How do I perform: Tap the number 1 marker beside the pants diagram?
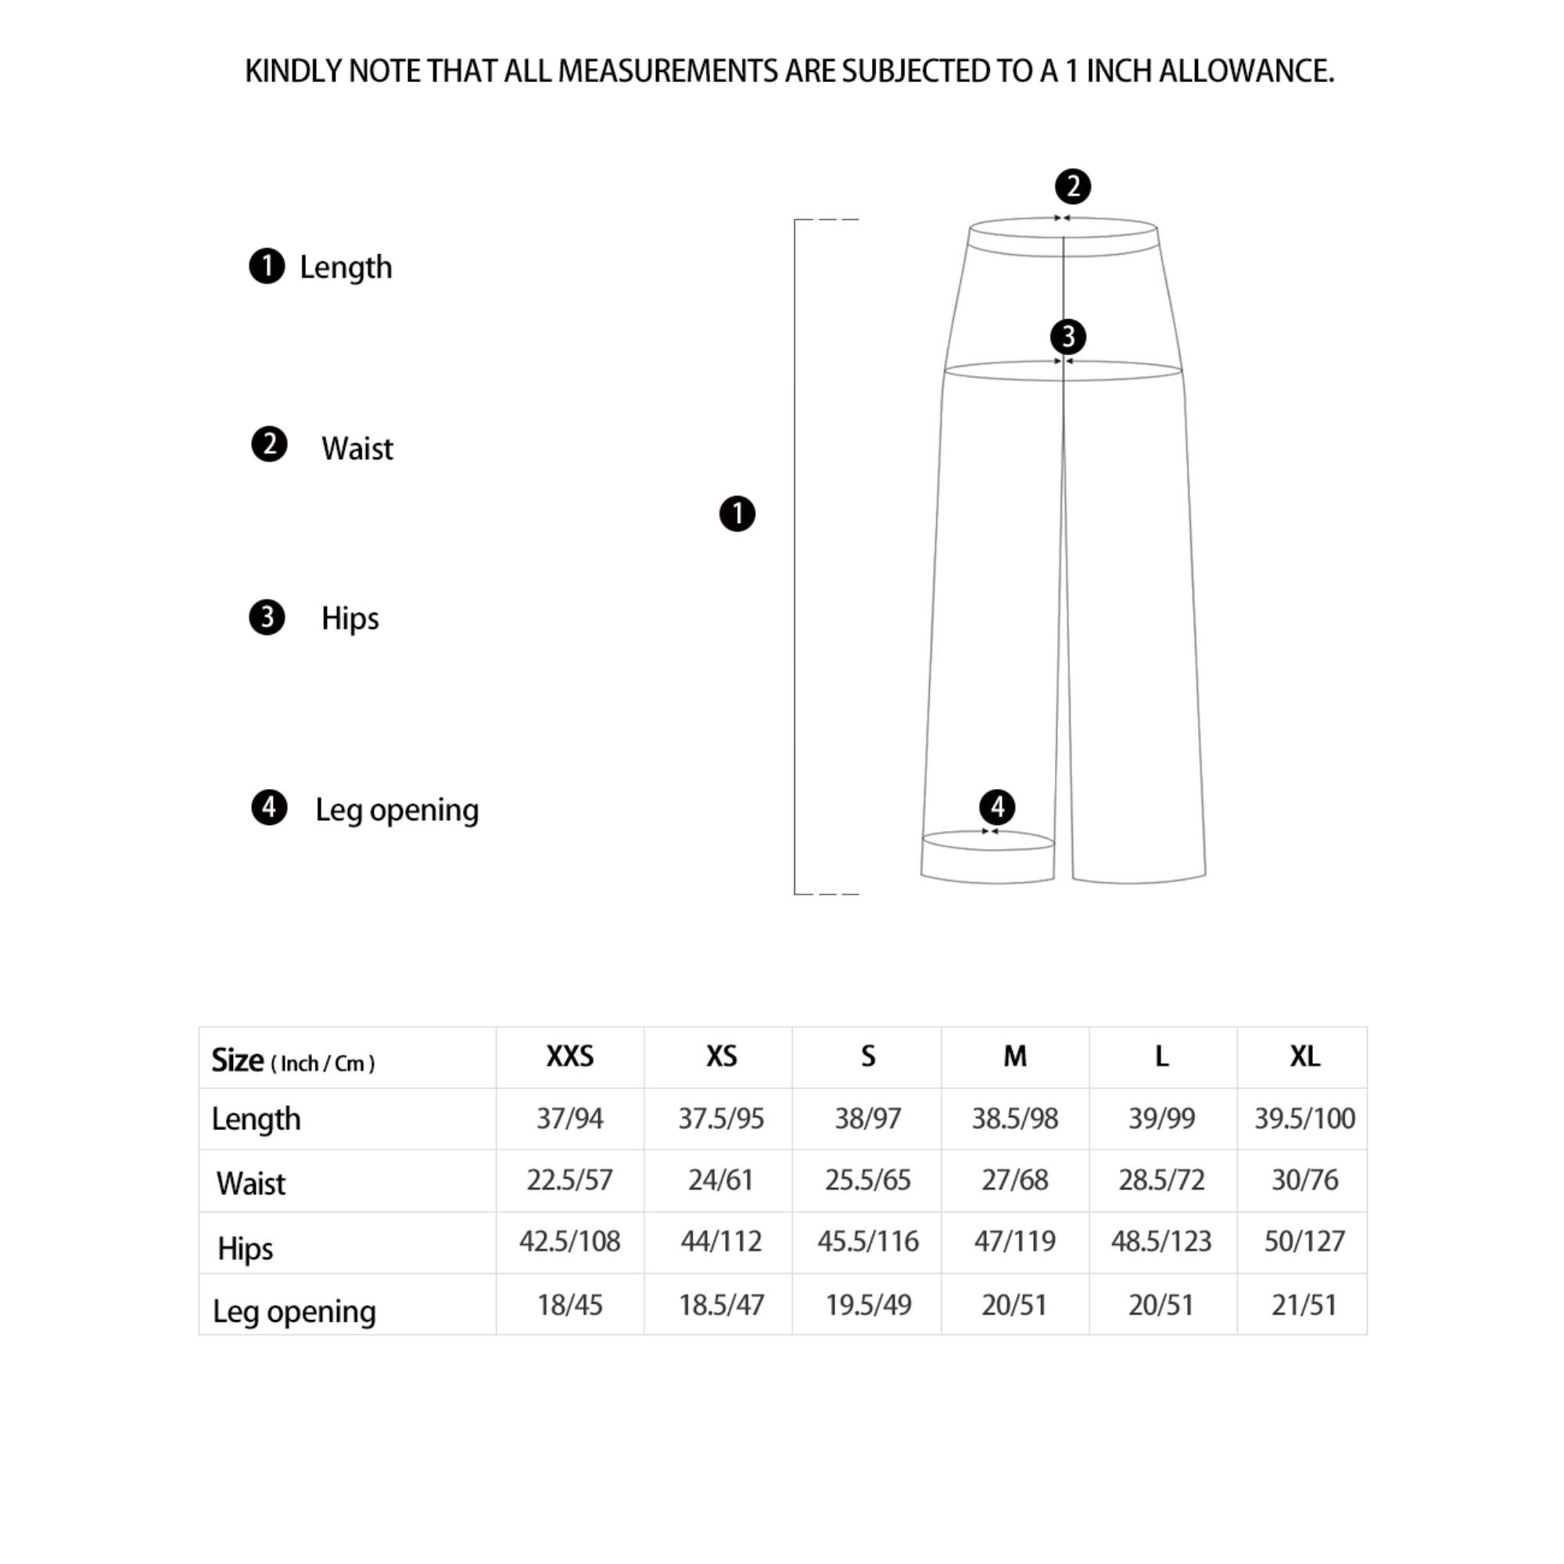tap(737, 514)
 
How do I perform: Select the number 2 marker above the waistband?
tap(1073, 186)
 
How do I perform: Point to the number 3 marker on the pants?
tap(1067, 336)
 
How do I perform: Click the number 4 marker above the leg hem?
tap(996, 806)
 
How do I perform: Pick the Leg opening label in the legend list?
tap(396, 809)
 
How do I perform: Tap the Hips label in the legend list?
tap(350, 619)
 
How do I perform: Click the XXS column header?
tap(570, 1056)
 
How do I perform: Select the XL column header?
tap(1304, 1056)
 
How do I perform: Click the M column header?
tap(1014, 1056)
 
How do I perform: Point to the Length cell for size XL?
tap(1304, 1118)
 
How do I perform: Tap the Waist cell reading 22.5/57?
tap(570, 1179)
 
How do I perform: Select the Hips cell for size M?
tap(1014, 1241)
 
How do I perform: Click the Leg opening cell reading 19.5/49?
tap(868, 1305)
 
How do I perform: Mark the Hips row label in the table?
tap(246, 1248)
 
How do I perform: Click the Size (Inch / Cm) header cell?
tap(293, 1060)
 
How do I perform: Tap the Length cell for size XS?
tap(720, 1118)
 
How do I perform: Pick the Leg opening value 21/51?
tap(1304, 1305)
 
